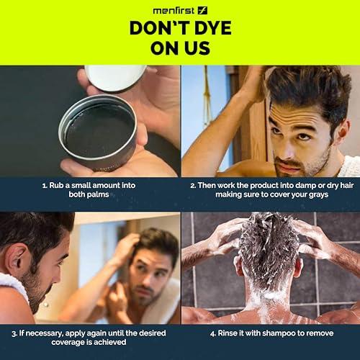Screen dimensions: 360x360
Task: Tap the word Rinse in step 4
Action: [232, 333]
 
